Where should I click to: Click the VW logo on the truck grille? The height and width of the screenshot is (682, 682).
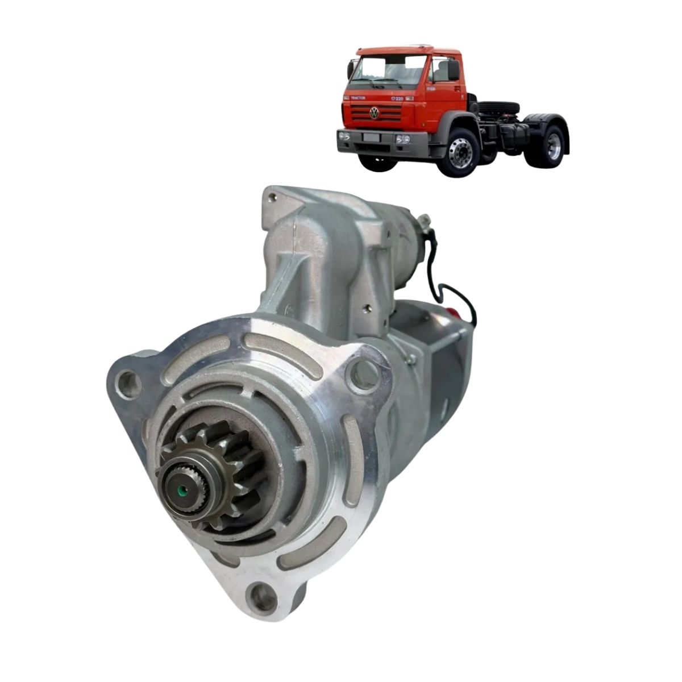pos(375,113)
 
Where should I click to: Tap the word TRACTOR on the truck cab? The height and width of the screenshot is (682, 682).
pos(358,98)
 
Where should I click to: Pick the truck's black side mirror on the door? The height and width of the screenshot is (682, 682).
pos(453,70)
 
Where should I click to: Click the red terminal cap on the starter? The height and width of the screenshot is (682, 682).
pos(453,312)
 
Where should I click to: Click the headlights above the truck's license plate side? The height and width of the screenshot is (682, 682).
pos(403,139)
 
